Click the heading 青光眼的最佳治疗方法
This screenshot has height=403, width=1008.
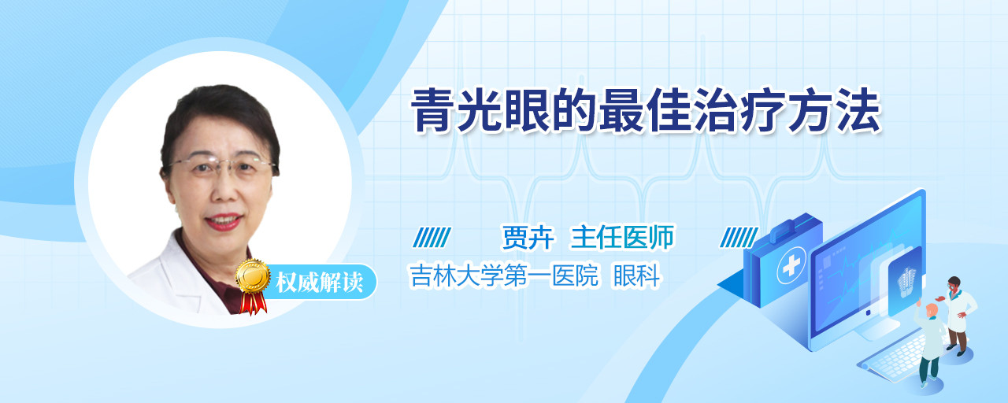tap(646, 111)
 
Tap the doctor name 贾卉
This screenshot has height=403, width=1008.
tap(528, 237)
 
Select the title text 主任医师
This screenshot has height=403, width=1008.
tap(622, 237)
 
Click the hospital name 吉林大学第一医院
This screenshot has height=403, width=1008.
tap(504, 275)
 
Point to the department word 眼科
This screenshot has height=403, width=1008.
tap(637, 275)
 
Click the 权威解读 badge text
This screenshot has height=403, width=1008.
tap(319, 283)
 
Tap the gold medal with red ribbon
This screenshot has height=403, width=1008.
tap(253, 286)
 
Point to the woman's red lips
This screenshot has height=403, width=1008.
tap(223, 222)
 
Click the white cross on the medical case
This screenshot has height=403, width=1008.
tap(791, 265)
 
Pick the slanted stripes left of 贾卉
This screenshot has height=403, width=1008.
tap(432, 238)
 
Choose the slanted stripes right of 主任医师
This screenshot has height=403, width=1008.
tap(739, 238)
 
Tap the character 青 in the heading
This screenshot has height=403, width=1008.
tap(432, 111)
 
